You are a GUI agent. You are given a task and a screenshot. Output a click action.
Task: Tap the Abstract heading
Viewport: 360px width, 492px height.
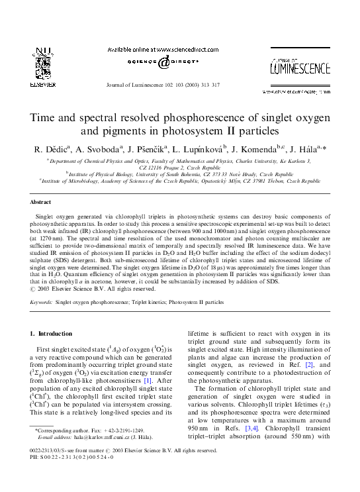(40, 201)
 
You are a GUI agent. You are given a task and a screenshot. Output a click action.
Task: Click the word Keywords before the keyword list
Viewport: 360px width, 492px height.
(41, 301)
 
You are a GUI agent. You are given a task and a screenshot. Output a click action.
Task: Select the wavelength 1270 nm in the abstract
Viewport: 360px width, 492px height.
(50, 244)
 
